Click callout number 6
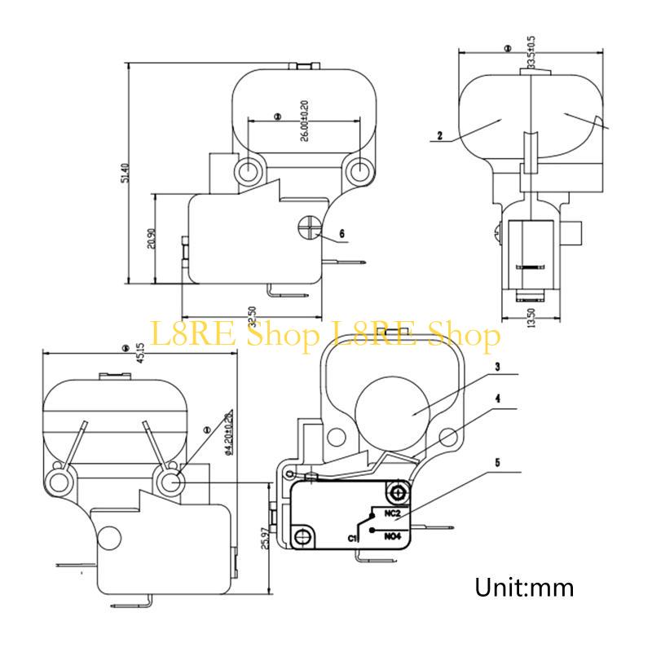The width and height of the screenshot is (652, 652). pos(341,234)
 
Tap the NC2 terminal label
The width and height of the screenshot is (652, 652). pos(392,513)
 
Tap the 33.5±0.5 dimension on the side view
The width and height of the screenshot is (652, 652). pos(531,51)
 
